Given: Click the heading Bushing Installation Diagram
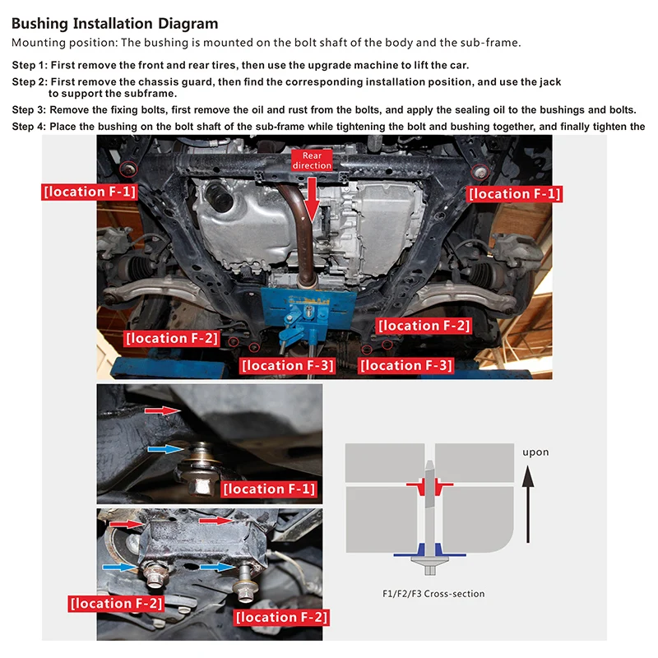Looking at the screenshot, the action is point(115,24).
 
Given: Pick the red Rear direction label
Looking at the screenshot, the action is point(312,160).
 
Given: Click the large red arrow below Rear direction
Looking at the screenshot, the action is point(312,197).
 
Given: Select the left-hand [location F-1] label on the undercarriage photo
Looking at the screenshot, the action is point(89,192).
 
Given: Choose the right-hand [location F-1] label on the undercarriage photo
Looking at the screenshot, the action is point(514,194).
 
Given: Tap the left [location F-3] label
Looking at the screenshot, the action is point(288,365).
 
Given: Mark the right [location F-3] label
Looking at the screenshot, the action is point(406,365).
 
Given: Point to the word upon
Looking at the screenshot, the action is point(535,452).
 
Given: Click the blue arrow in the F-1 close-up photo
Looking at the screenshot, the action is point(164,449).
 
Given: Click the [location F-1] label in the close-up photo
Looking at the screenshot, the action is point(269,489).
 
